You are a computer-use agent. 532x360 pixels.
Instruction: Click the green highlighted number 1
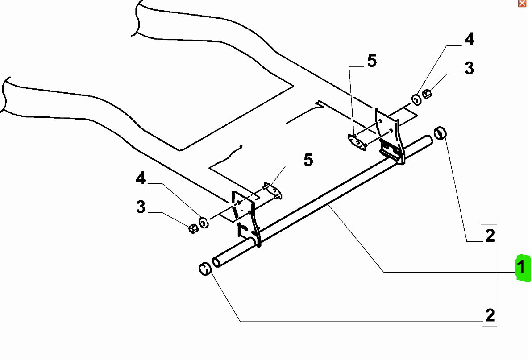point(521,268)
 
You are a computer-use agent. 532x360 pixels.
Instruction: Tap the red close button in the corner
point(522,3)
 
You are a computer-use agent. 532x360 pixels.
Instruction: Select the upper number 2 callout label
point(490,235)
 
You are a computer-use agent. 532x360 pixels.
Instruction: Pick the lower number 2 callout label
point(490,315)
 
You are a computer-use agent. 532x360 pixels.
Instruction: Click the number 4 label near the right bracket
point(469,40)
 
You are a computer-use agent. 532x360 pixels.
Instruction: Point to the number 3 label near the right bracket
point(469,69)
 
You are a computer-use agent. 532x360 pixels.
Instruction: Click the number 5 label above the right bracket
point(372,61)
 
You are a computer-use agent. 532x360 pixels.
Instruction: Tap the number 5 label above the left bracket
point(308,160)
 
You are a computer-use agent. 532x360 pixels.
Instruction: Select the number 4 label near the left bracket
point(141,179)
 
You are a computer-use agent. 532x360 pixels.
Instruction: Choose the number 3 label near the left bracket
point(141,207)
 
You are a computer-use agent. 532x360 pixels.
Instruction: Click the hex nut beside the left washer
point(193,228)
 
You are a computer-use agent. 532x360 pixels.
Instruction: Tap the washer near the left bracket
point(204,222)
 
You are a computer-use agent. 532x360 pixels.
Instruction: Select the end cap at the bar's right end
point(441,132)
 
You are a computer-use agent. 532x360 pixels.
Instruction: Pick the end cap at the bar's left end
point(204,269)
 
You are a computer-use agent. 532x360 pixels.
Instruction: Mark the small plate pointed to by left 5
point(273,190)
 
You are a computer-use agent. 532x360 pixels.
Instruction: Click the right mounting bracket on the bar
point(390,136)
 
